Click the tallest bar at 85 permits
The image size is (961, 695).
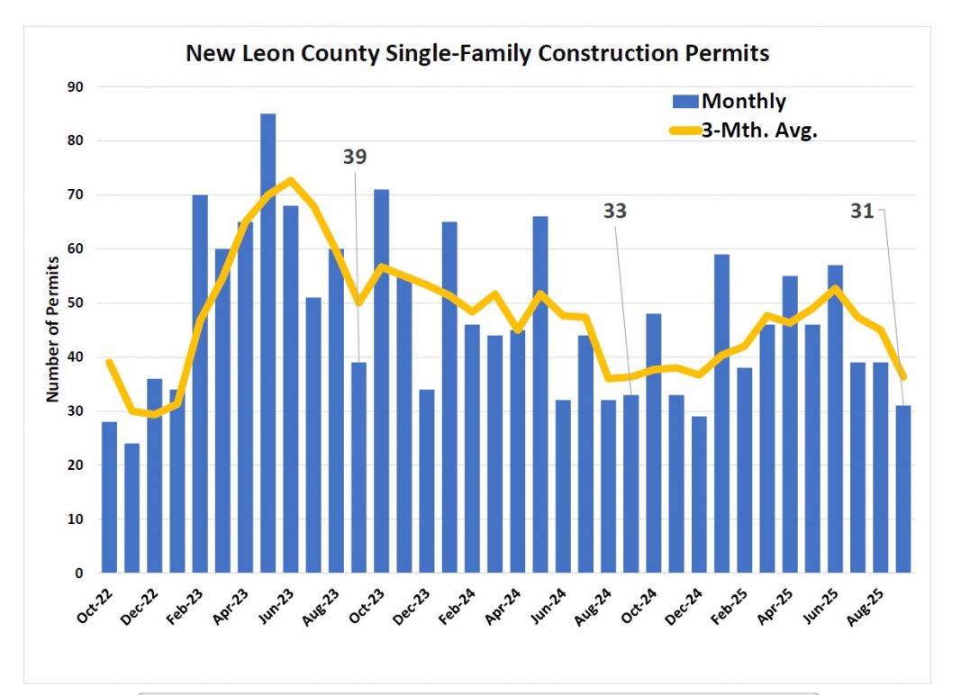pos(267,342)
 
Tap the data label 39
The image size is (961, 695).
pos(355,157)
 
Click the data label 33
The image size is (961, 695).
pos(614,212)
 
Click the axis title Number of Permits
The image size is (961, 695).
pos(52,329)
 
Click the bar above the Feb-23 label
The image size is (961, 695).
pos(200,383)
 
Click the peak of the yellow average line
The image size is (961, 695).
pos(290,180)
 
